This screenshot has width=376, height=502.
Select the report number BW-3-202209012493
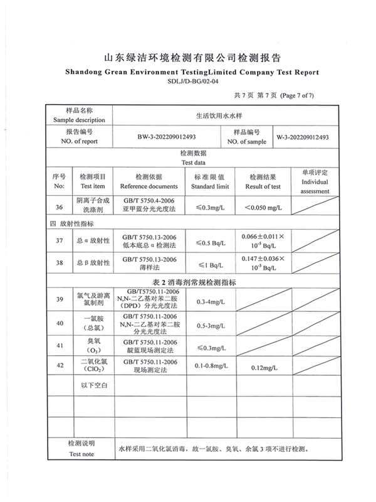click(167, 137)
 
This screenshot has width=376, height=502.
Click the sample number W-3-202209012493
click(303, 137)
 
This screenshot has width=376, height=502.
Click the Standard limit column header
click(210, 182)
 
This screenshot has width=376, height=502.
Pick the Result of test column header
click(263, 182)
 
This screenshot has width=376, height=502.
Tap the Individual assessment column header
click(315, 182)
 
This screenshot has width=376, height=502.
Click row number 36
click(59, 207)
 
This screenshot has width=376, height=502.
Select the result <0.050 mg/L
click(263, 207)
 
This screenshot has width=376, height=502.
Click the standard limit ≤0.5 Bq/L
click(210, 242)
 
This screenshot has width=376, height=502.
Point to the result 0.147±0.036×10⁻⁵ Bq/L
click(263, 263)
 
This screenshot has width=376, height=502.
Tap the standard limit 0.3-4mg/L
click(210, 302)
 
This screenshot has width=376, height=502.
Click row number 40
click(59, 324)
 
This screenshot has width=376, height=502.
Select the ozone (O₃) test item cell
click(93, 345)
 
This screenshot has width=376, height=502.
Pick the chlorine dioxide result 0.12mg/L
click(263, 366)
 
